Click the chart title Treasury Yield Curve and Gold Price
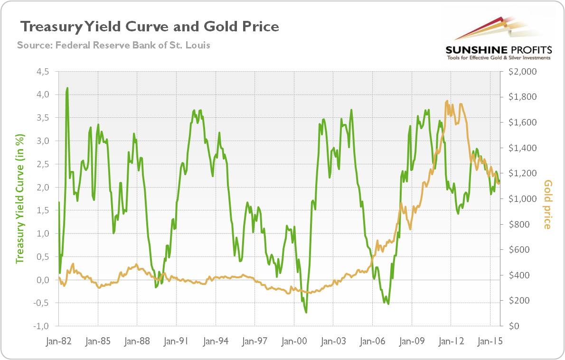click(148, 26)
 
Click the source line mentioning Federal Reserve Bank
click(113, 46)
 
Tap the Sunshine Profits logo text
click(498, 49)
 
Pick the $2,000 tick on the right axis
click(521, 72)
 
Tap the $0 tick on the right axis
click(515, 326)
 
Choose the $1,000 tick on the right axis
click(521, 199)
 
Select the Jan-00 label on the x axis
click(294, 341)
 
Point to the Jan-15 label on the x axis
click(490, 341)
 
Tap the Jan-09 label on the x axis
click(412, 341)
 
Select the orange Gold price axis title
click(548, 204)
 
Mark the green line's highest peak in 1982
click(67, 88)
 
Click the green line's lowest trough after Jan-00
click(306, 312)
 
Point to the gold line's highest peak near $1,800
click(447, 101)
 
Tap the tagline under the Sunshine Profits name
click(498, 57)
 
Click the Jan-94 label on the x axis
click(216, 341)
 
